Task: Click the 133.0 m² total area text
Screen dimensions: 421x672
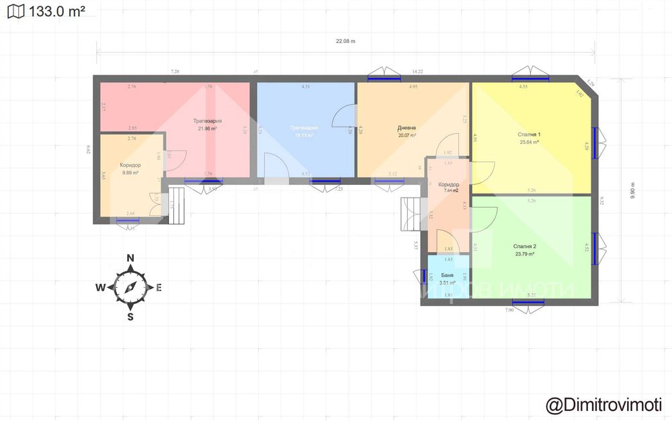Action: coord(57,11)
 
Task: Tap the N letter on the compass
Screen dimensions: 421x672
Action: coord(131,258)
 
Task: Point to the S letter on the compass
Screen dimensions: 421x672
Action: coord(130,317)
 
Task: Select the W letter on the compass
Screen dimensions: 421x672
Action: coord(99,288)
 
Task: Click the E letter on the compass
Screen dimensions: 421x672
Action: coord(159,288)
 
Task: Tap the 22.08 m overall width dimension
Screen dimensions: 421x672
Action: coord(345,42)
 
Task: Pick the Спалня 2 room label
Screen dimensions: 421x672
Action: coord(524,246)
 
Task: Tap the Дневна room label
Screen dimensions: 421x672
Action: coord(407,128)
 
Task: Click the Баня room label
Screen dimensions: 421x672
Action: coord(447,276)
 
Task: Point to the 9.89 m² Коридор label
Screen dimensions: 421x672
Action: coord(130,173)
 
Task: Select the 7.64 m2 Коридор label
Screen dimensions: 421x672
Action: coord(448,191)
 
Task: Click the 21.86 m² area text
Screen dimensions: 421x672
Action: coord(207,128)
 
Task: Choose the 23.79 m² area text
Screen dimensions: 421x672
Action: coord(524,254)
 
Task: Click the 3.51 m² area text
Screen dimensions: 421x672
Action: coord(447,283)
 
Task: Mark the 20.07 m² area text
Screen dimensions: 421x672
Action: coord(407,135)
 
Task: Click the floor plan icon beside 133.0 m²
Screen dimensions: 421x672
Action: coord(15,11)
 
